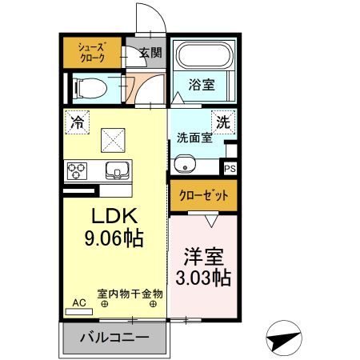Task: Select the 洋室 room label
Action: pyautogui.click(x=202, y=258)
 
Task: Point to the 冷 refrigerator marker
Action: pyautogui.click(x=78, y=122)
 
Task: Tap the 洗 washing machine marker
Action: pyautogui.click(x=223, y=122)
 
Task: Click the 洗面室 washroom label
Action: pyautogui.click(x=194, y=137)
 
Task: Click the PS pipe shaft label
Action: pyautogui.click(x=230, y=169)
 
